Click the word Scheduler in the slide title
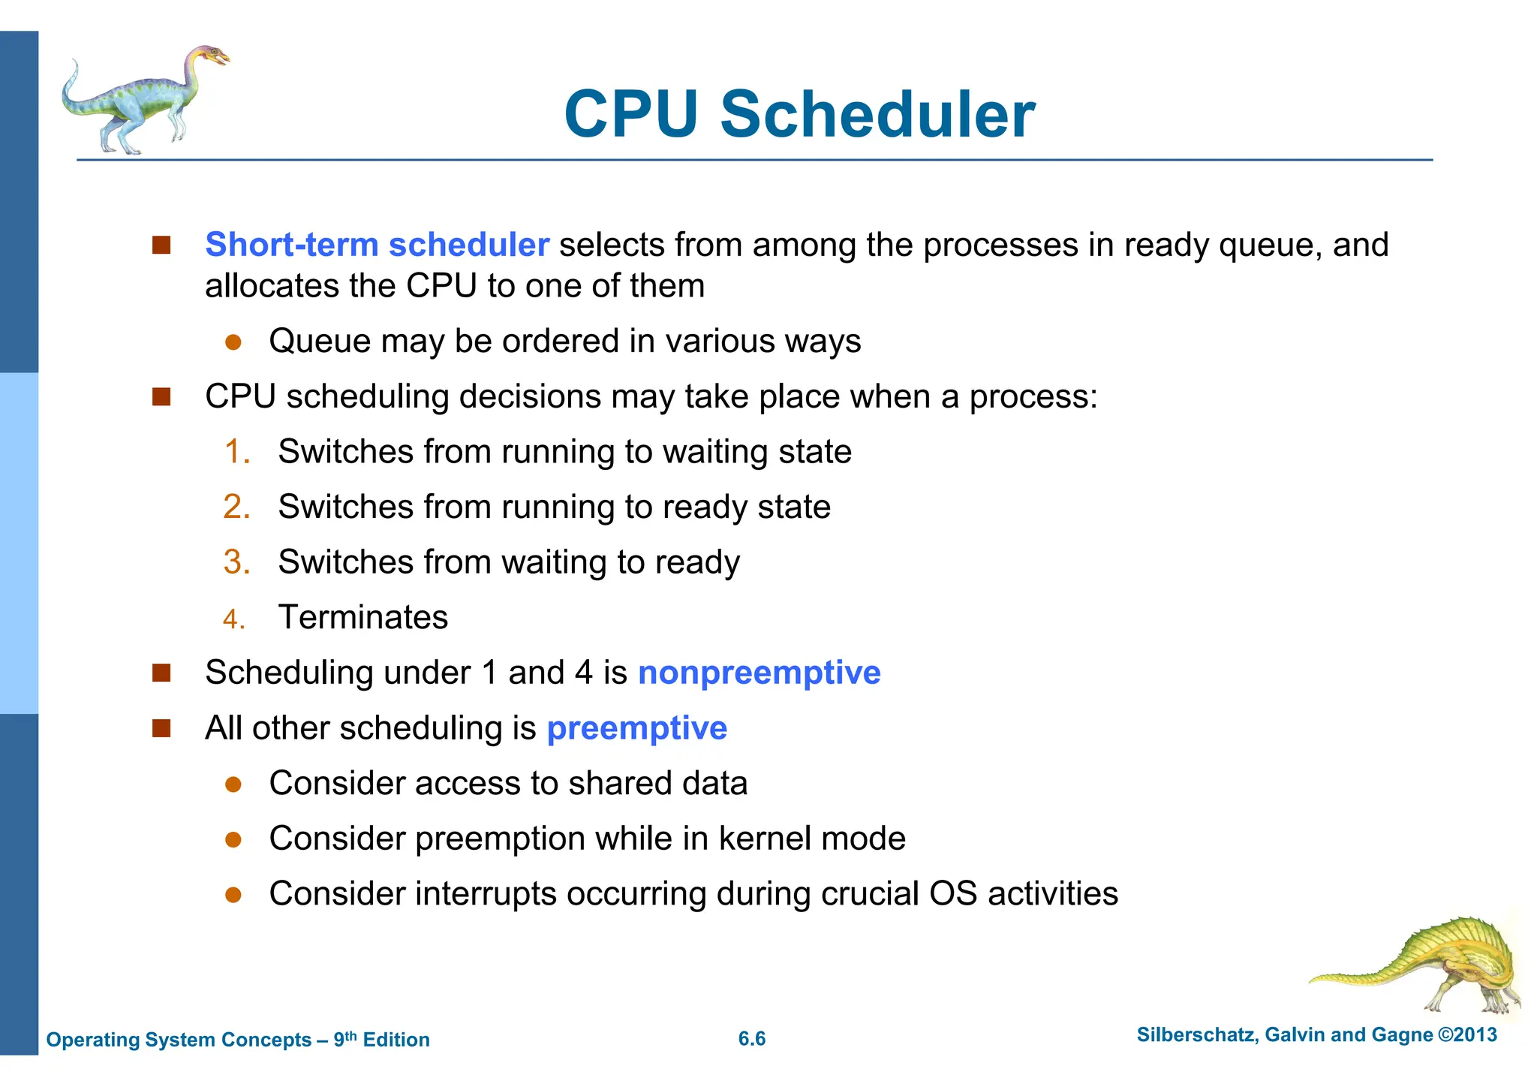(877, 115)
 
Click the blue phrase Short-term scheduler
(377, 245)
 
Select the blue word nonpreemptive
(759, 673)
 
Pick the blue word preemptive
(636, 728)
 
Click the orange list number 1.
(237, 452)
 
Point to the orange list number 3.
(237, 562)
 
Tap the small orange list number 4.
(234, 619)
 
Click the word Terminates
(363, 618)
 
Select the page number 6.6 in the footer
(752, 1039)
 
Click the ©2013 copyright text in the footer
(1467, 1035)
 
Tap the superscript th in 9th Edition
(351, 1035)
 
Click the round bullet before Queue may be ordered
(233, 342)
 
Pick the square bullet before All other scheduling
(161, 728)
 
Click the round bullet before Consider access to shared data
(233, 784)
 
